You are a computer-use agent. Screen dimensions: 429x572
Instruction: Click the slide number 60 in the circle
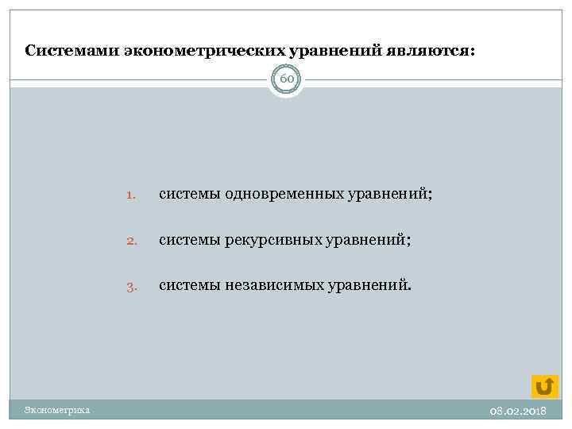286,79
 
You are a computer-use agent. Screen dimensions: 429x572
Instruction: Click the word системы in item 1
187,195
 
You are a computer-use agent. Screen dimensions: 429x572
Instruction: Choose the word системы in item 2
187,240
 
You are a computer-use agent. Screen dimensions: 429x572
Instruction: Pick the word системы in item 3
187,285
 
